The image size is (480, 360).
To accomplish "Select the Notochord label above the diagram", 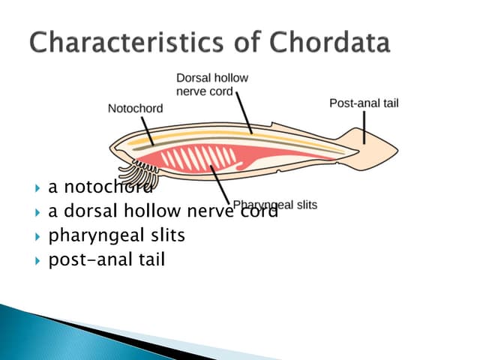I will [135, 108].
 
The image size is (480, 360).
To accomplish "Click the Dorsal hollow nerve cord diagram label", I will [211, 84].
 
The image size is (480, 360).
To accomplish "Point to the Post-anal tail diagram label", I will [364, 103].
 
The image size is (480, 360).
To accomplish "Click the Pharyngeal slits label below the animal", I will [275, 205].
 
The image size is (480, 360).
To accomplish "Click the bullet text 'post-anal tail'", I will [106, 260].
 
